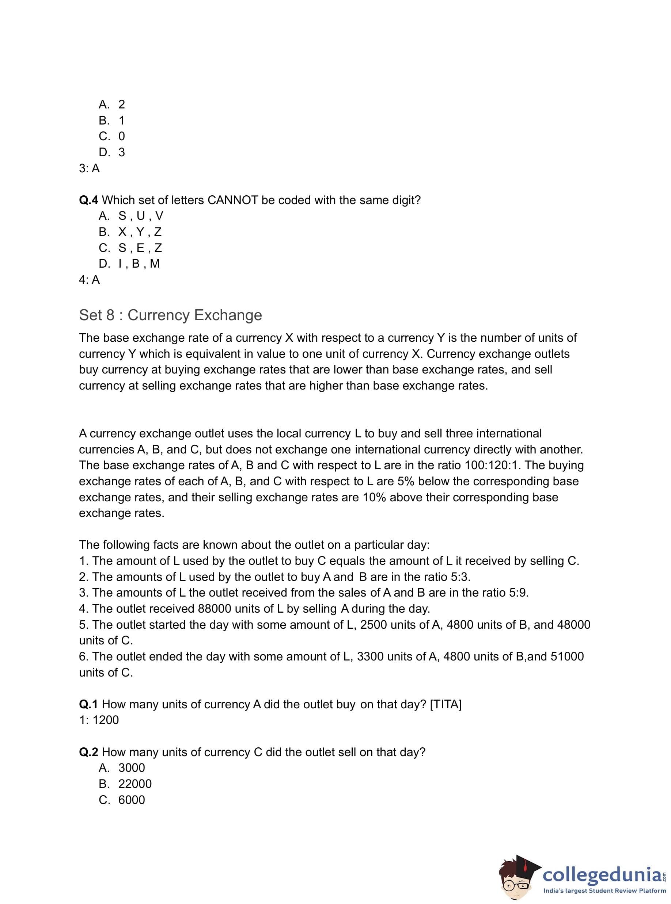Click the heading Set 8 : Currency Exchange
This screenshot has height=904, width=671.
click(x=170, y=315)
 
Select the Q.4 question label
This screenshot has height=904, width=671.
click(x=88, y=200)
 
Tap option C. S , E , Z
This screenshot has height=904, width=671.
click(x=130, y=248)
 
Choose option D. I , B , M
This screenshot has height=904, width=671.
click(x=129, y=264)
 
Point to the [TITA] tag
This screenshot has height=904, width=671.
click(x=445, y=704)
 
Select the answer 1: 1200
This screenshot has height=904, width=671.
click(x=99, y=720)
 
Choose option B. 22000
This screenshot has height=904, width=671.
click(x=125, y=784)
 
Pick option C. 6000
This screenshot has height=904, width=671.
click(x=122, y=800)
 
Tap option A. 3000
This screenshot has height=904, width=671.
click(x=122, y=768)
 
